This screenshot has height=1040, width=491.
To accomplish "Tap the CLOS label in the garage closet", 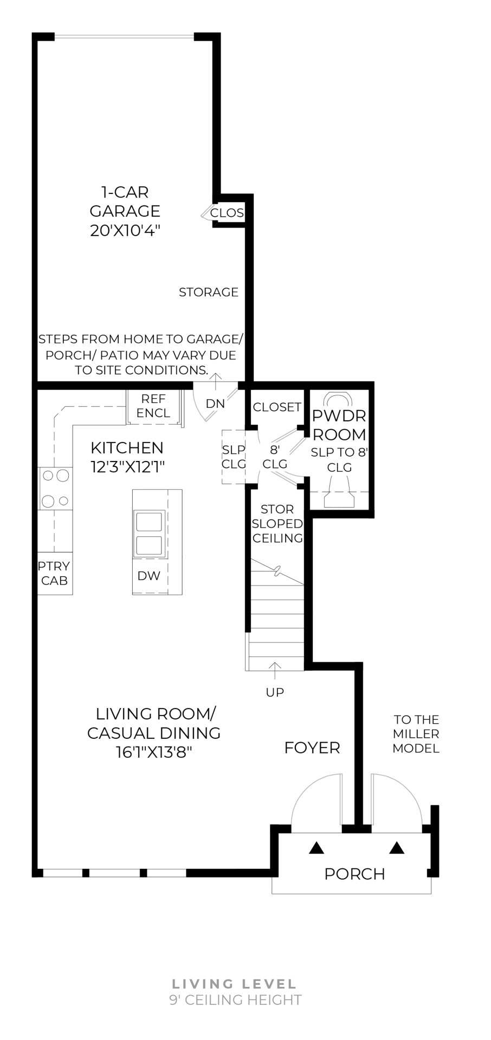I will (x=227, y=213).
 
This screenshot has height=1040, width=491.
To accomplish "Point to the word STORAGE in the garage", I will (x=209, y=292).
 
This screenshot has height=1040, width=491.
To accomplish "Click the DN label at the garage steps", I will (x=215, y=404).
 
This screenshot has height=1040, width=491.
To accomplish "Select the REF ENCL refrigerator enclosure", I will (x=153, y=406).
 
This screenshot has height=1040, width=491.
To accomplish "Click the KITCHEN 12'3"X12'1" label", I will (x=127, y=457).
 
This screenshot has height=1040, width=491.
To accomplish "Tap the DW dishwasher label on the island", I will (x=148, y=576).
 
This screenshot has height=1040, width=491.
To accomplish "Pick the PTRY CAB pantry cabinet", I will (x=54, y=573).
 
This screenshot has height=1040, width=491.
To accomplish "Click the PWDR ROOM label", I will (x=339, y=425).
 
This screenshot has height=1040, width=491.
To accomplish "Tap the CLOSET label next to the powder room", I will (x=277, y=407).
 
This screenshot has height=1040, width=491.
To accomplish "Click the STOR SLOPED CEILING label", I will (x=277, y=524).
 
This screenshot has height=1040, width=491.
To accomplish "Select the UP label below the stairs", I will (x=275, y=692).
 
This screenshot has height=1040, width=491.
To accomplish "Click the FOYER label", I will (x=312, y=748).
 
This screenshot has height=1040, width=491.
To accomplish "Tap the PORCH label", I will (x=354, y=874).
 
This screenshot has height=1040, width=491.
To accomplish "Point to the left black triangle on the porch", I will (x=316, y=848).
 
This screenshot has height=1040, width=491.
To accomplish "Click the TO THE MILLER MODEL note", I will (x=416, y=734).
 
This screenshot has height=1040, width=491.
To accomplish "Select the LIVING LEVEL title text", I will (x=235, y=984).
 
